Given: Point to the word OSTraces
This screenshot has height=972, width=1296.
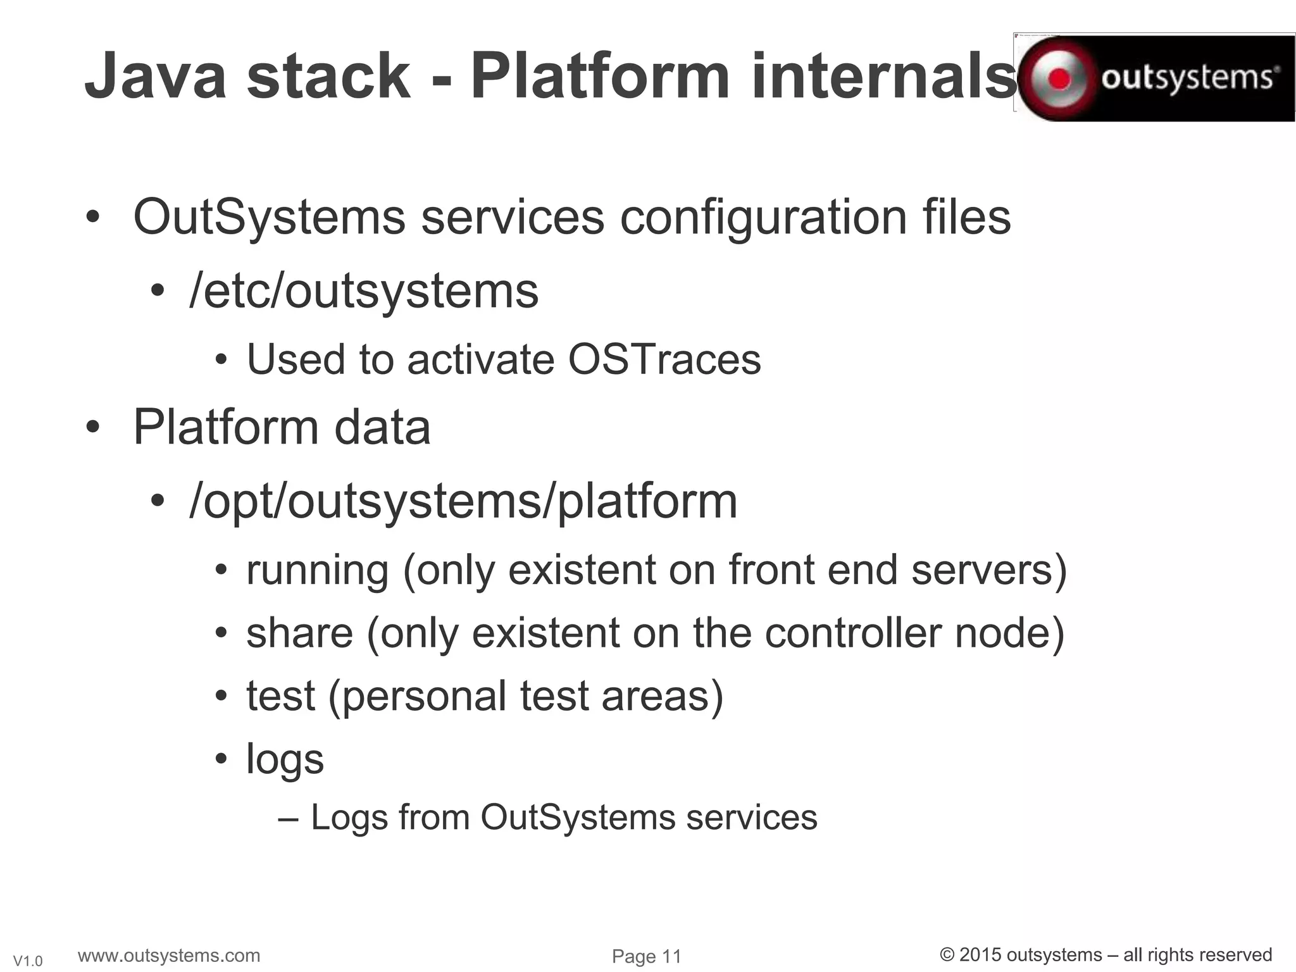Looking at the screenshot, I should [x=664, y=359].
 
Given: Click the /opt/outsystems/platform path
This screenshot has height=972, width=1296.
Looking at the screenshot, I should [x=463, y=501].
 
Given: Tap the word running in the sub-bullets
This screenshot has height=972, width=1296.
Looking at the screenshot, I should [x=317, y=570].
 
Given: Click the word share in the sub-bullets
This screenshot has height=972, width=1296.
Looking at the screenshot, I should [x=299, y=633].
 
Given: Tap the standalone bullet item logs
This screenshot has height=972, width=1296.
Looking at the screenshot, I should [x=285, y=759].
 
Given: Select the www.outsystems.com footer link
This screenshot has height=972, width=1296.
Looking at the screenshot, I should [x=169, y=955].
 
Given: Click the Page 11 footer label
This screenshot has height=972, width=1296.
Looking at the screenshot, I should [x=646, y=956].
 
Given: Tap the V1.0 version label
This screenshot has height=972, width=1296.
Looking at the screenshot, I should [x=28, y=961].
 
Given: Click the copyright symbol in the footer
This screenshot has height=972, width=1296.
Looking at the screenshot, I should [x=947, y=955].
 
